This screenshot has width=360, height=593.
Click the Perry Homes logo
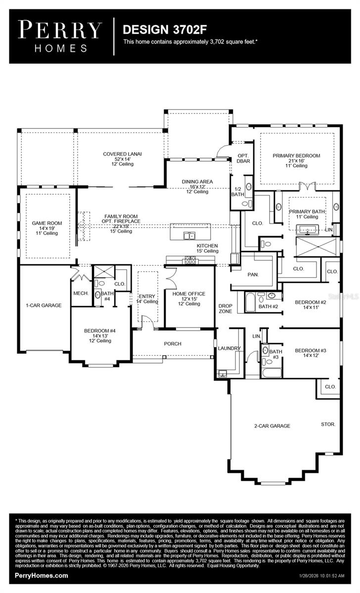(x=60, y=37)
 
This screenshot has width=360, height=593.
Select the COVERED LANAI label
(x=122, y=154)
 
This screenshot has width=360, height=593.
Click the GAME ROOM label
(x=47, y=223)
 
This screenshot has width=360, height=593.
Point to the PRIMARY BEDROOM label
(x=296, y=156)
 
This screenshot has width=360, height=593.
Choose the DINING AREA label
(x=197, y=182)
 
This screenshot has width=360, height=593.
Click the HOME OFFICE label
(x=189, y=294)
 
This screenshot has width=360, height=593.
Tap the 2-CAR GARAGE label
(x=272, y=425)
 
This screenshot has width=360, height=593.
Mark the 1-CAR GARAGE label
(x=44, y=305)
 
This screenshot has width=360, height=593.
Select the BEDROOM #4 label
(x=100, y=331)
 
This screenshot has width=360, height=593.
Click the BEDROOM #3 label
(x=311, y=350)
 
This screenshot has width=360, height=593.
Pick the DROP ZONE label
(x=225, y=309)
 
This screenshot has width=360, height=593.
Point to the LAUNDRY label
(x=228, y=348)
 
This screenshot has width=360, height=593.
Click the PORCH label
(x=173, y=343)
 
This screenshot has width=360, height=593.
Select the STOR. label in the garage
(x=328, y=424)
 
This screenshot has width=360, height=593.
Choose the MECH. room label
(x=81, y=294)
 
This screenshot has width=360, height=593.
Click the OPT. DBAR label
(x=243, y=159)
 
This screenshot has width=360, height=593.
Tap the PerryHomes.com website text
(x=42, y=576)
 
